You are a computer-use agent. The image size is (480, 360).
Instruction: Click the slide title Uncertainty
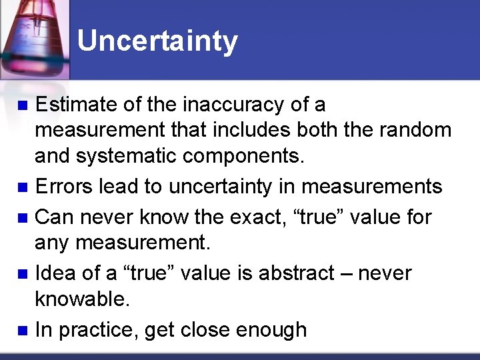click(x=157, y=41)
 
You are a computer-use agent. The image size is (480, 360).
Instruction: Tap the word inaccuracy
click(x=224, y=105)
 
